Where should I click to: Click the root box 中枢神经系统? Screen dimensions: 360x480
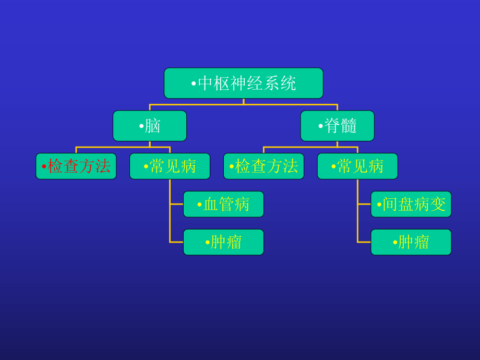coord(243,83)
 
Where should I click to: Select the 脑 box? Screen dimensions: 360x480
coord(150,126)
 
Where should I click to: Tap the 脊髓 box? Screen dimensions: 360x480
coord(337,126)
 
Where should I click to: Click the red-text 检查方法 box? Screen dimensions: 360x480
coord(76,166)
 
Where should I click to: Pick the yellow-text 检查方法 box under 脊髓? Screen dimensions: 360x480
coord(263,166)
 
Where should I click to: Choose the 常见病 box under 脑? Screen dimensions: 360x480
coord(170,166)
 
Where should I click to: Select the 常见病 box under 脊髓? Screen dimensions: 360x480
coord(357,166)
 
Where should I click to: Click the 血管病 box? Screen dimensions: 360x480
coord(223,204)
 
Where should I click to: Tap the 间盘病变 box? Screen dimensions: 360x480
coord(411,204)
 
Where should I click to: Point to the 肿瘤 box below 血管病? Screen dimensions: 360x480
coord(223,242)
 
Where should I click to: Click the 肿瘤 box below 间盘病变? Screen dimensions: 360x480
coord(411,242)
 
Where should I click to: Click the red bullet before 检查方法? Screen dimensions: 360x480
coord(44,167)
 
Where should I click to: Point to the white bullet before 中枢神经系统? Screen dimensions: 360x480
coord(194,84)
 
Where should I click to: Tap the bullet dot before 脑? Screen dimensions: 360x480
coord(141,126)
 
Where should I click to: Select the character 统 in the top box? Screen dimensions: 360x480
coord(289,83)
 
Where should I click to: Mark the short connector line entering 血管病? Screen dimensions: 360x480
coord(176,204)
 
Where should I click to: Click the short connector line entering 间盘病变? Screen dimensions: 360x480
coord(364,204)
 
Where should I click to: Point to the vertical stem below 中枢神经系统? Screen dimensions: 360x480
coord(244,101)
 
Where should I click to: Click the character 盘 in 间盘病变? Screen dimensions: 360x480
coord(406,204)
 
